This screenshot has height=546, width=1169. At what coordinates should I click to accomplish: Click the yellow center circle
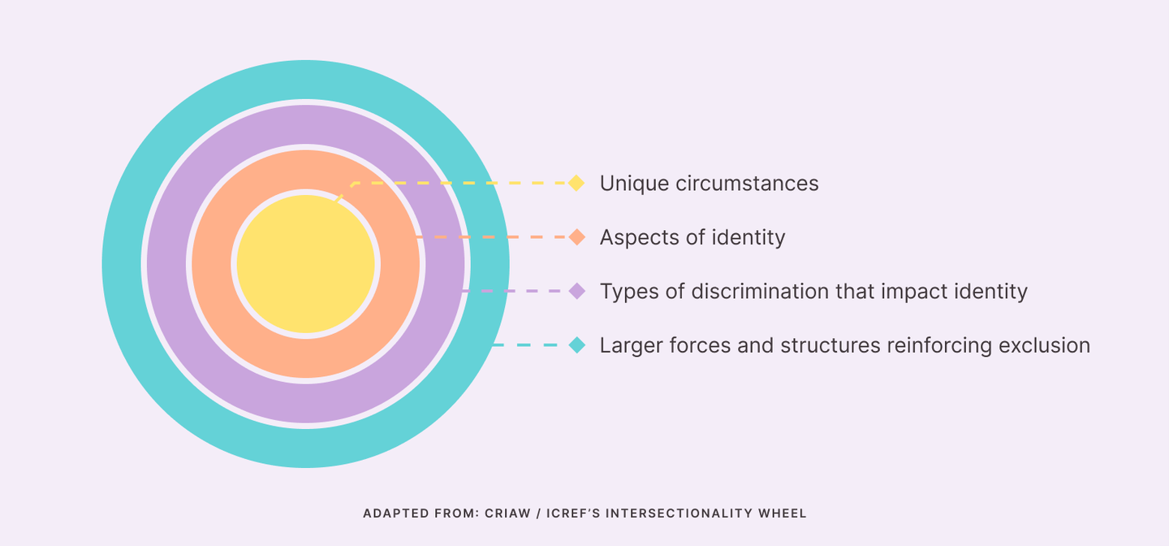pyautogui.click(x=306, y=264)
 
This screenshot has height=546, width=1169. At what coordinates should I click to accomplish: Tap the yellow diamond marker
pyautogui.click(x=576, y=183)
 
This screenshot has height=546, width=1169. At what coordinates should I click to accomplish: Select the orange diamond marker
pyautogui.click(x=576, y=236)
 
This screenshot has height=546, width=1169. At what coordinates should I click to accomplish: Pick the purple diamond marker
pyautogui.click(x=576, y=291)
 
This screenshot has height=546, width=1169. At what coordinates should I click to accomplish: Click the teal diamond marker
pyautogui.click(x=576, y=344)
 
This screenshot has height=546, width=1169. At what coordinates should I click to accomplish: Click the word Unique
pyautogui.click(x=634, y=184)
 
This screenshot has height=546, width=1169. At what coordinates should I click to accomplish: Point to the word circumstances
pyautogui.click(x=747, y=184)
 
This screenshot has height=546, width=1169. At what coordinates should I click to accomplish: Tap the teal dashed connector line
pyautogui.click(x=530, y=344)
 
